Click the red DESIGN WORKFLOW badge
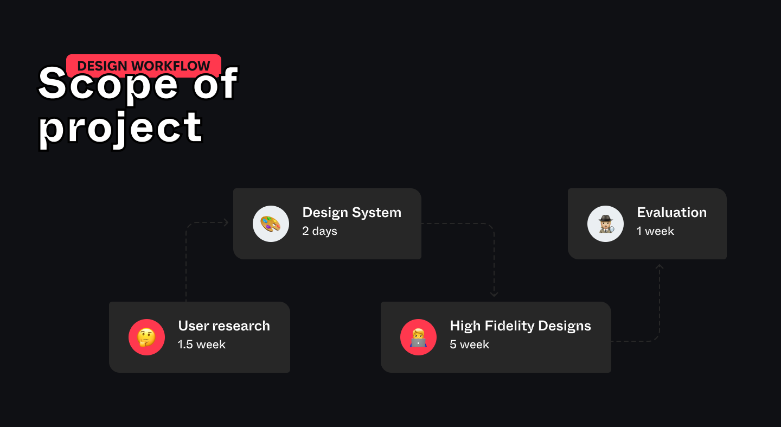click(144, 66)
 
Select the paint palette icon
click(271, 224)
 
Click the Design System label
click(352, 213)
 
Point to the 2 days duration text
click(320, 231)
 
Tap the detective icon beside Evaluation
click(606, 224)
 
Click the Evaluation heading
click(672, 213)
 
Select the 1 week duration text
click(656, 231)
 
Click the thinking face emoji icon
click(147, 337)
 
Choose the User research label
click(224, 326)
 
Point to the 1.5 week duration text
click(202, 345)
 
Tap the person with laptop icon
click(418, 337)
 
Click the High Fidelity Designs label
click(521, 326)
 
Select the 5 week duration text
click(469, 345)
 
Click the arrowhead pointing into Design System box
click(226, 222)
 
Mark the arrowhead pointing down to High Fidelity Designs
click(494, 295)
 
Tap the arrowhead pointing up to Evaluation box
click(660, 267)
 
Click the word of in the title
click(215, 83)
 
